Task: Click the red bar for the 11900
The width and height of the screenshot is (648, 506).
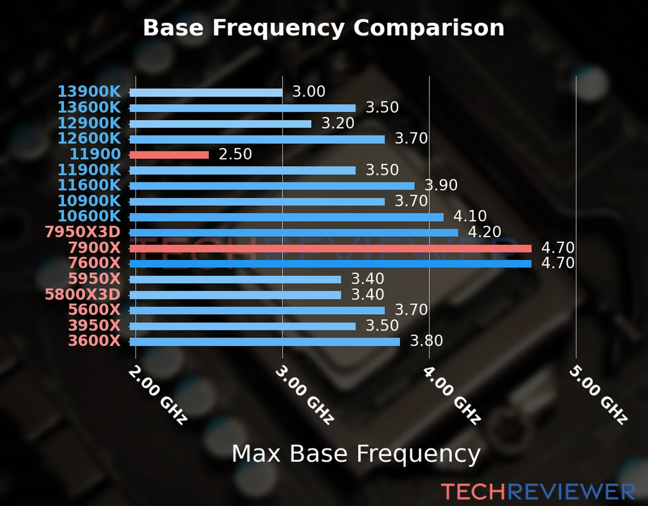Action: (169, 155)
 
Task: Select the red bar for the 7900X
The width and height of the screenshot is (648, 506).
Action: (330, 248)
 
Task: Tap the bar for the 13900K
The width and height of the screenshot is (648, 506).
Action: (206, 93)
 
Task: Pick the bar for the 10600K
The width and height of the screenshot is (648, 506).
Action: (286, 217)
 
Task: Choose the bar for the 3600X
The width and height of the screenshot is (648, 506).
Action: (265, 342)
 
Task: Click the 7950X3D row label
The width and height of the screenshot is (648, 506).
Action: (83, 232)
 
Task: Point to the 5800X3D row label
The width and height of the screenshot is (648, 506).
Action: (83, 294)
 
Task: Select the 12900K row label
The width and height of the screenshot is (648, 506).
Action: (89, 123)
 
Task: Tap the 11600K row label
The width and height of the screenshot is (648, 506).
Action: (89, 185)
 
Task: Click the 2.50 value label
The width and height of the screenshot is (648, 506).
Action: (235, 154)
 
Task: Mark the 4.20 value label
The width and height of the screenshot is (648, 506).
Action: (484, 232)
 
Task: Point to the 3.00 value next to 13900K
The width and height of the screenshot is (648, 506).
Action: (309, 92)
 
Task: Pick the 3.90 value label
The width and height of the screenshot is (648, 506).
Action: (441, 185)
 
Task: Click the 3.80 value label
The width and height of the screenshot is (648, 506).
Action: (426, 341)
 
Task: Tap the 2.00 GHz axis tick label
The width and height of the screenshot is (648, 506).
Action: (157, 395)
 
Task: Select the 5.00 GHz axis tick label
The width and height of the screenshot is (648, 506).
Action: (598, 395)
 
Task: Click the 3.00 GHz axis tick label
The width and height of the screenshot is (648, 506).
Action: (304, 395)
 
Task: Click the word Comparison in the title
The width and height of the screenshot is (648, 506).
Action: (429, 28)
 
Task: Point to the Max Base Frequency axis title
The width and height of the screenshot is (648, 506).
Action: (356, 454)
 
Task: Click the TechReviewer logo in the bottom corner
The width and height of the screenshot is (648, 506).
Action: (538, 492)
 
